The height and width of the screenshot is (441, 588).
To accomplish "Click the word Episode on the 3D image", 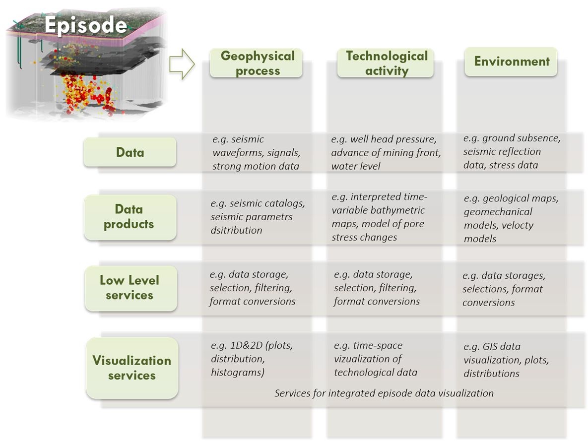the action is click(86, 25).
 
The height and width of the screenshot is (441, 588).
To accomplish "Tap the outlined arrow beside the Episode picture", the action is click(182, 64).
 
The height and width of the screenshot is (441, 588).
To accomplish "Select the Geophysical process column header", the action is click(256, 63).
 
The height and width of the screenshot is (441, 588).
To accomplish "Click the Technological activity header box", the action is click(386, 63).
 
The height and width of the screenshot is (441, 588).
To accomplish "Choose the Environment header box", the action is click(511, 62).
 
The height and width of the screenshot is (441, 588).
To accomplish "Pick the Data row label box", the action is click(130, 152).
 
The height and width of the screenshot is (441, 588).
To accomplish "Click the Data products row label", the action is click(130, 217).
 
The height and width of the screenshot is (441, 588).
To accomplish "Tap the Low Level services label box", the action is click(131, 288).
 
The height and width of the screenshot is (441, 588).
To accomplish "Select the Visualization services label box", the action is click(132, 368).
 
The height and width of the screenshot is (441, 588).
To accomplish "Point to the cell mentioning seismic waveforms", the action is click(257, 153).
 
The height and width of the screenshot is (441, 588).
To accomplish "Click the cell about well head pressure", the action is click(386, 153).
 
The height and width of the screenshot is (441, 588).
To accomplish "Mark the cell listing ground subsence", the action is click(512, 151).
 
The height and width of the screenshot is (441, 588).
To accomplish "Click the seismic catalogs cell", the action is click(258, 217).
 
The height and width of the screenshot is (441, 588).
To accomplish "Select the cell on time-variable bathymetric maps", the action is click(379, 217).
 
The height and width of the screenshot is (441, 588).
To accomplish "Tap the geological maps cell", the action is click(511, 218).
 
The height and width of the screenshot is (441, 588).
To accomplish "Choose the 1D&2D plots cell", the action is click(252, 359).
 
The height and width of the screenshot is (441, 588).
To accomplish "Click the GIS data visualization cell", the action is click(506, 360).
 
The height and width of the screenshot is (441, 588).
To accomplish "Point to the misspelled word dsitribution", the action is click(236, 230).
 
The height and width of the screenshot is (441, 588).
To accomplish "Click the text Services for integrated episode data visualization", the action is click(384, 393).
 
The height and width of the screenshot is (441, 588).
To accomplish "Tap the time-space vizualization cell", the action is click(375, 359).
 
